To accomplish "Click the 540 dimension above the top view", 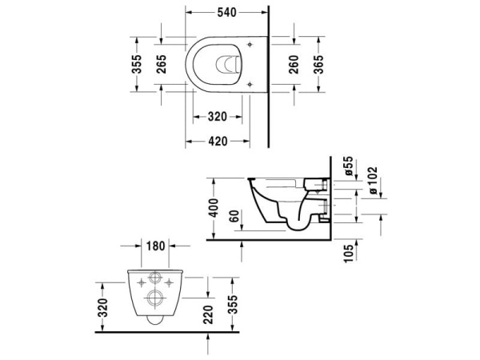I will click(x=227, y=12).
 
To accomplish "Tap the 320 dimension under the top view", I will click(x=216, y=117).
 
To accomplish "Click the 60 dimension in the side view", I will click(x=234, y=216).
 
